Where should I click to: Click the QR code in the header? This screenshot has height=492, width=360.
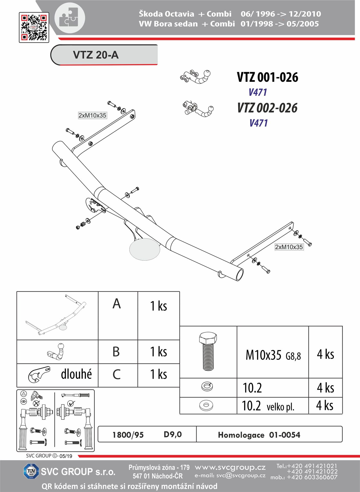[x=34, y=27]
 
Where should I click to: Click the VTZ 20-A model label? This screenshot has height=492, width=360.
[x=96, y=55]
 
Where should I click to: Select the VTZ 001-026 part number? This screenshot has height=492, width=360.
[x=268, y=77]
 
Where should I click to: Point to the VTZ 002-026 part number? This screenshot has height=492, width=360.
[x=267, y=108]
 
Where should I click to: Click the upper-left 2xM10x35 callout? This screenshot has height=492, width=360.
[x=92, y=115]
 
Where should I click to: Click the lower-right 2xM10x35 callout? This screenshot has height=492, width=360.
[x=289, y=247]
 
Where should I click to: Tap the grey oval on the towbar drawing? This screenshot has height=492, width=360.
[x=145, y=249]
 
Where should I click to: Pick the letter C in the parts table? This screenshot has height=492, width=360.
[x=117, y=374]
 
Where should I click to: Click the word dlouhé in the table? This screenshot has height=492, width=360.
[x=76, y=374]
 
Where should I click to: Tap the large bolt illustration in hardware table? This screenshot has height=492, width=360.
[x=208, y=351]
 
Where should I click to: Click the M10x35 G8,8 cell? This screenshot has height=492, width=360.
[x=273, y=355]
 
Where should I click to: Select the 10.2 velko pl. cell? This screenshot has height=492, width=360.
[x=268, y=406]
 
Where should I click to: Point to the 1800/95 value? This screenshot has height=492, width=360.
[x=128, y=435]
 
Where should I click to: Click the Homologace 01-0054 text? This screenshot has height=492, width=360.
[x=259, y=435]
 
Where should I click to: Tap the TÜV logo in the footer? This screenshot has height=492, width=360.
[x=31, y=471]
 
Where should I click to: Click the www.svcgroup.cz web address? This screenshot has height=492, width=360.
[x=230, y=468]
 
